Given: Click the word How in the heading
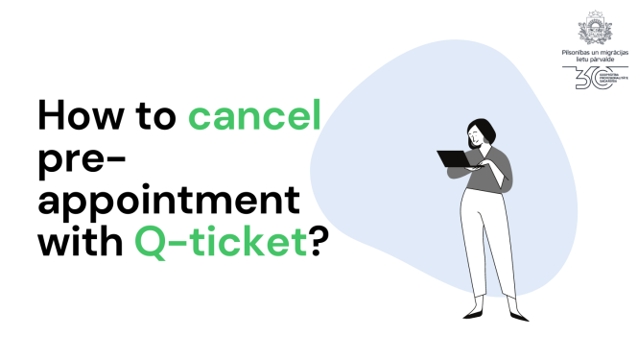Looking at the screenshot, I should (81, 116).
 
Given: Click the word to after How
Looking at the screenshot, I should (157, 117).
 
